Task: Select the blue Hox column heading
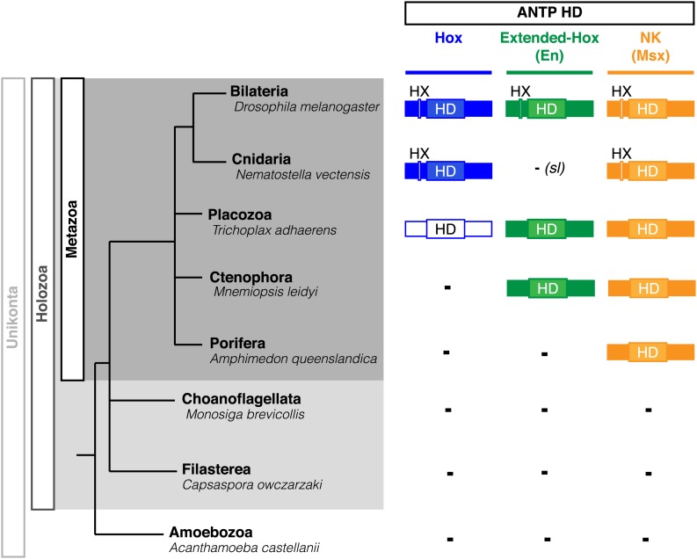(x=447, y=40)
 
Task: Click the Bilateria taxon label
(x=259, y=91)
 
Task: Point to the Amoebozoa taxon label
(x=206, y=533)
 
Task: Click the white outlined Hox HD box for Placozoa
(x=447, y=229)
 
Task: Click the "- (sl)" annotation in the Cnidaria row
(x=548, y=169)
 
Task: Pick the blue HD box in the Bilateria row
(x=447, y=109)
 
